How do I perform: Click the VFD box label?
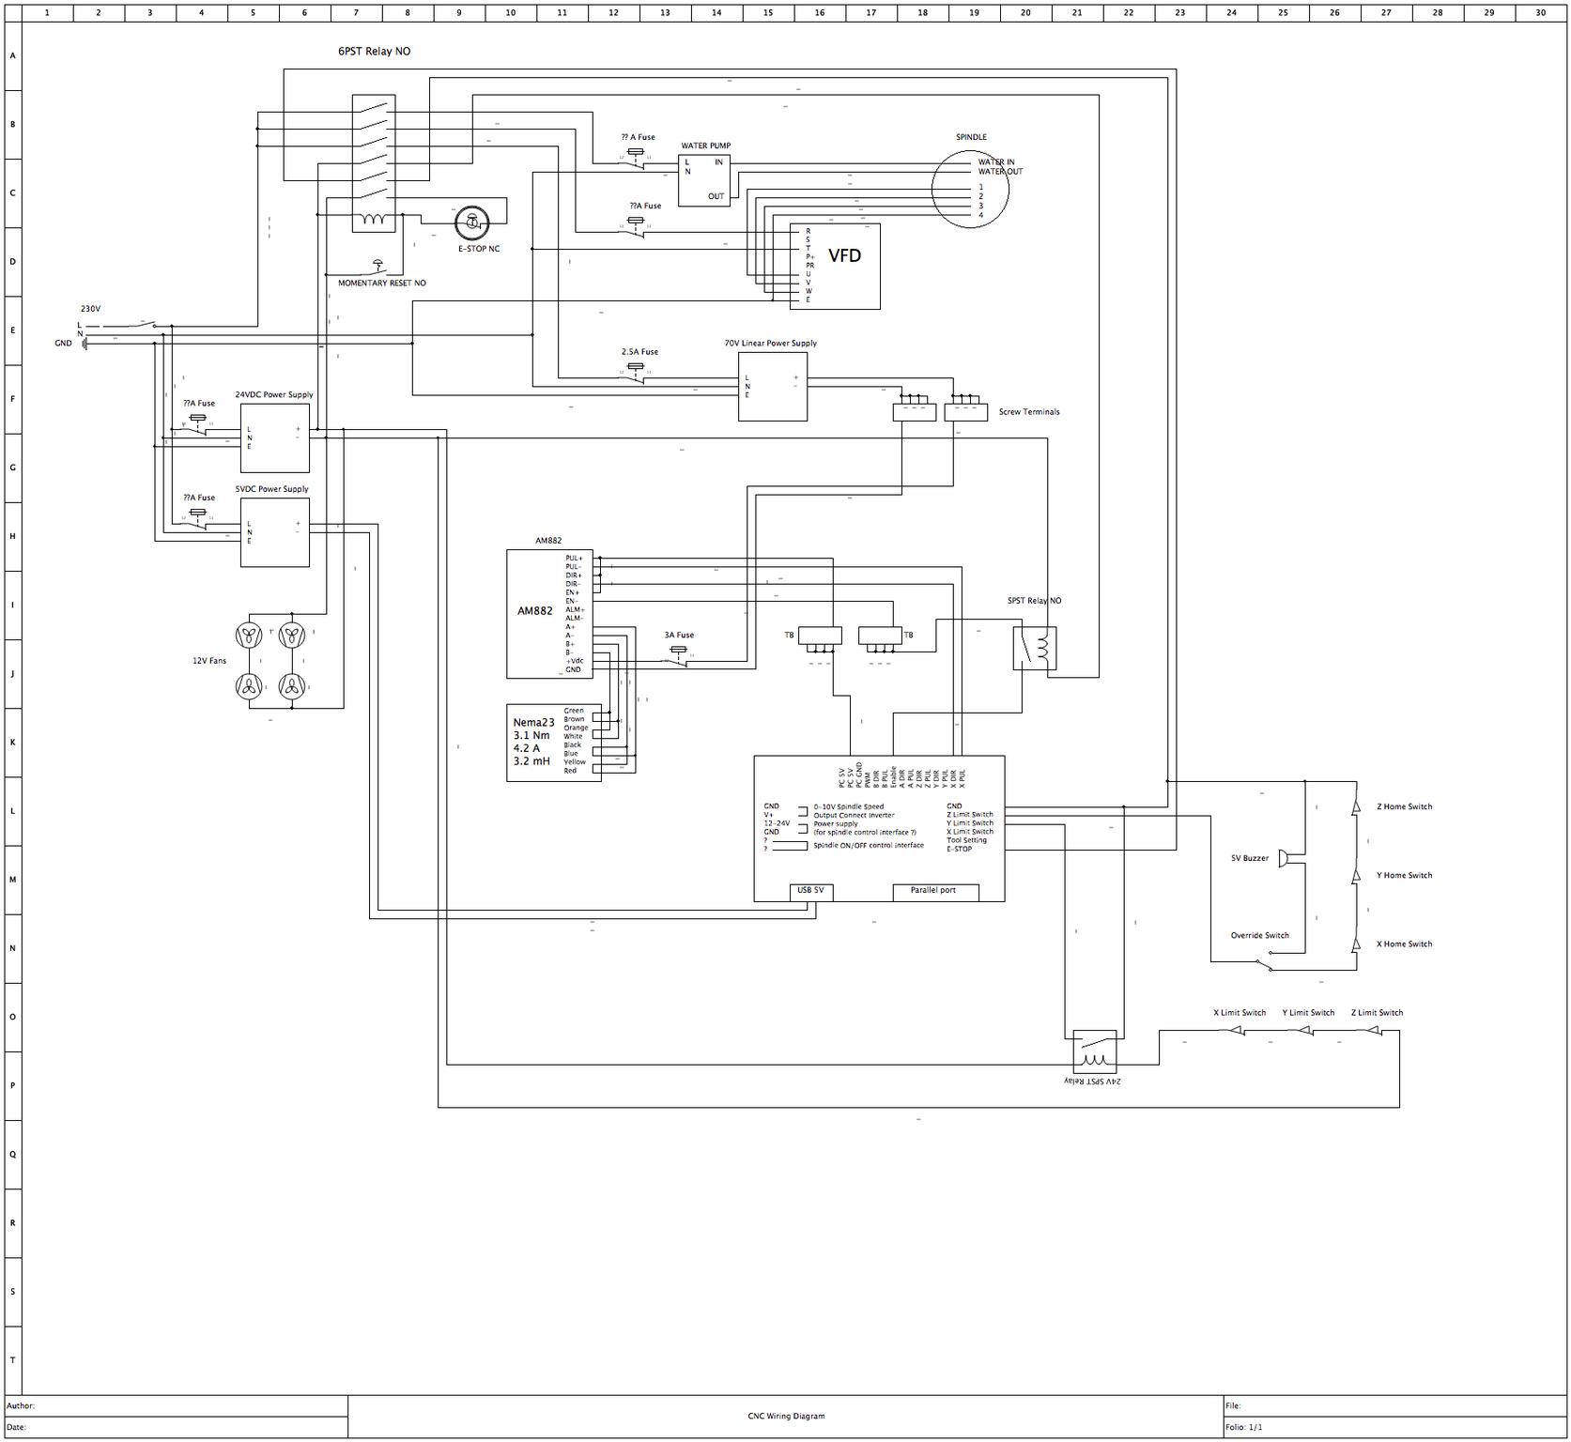coord(844,255)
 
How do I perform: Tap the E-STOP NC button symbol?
coord(471,223)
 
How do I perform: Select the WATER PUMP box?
coord(704,180)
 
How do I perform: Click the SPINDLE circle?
coord(970,189)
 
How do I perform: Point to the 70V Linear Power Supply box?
coord(772,386)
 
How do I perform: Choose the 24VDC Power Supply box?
coord(274,437)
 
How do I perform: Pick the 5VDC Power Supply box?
coord(274,532)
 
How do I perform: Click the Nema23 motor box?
coord(553,743)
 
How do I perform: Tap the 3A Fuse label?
coord(679,636)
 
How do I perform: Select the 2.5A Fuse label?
coord(639,352)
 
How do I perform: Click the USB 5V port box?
coord(810,891)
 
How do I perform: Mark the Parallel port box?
coord(934,891)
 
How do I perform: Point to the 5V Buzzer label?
coord(1249,858)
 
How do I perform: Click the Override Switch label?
coord(1259,935)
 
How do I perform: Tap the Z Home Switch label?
coord(1404,806)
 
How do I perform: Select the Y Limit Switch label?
coord(1308,1013)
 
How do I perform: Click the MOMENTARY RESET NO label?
coord(381,283)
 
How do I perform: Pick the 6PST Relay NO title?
coord(374,52)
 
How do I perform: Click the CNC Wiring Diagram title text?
coord(785,1416)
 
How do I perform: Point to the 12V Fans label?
coord(209,661)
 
